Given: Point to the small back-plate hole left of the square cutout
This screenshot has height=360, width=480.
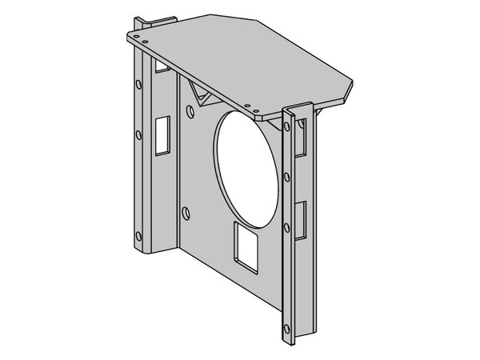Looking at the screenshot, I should (x=186, y=212).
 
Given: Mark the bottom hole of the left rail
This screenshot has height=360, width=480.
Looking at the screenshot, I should (x=139, y=236).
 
